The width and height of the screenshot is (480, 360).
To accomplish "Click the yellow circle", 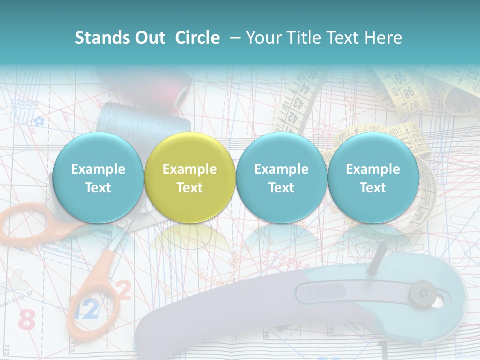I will tap(189, 178).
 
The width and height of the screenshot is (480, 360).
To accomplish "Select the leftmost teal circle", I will tap(98, 178).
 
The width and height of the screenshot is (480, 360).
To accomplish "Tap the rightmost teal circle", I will tap(373, 178).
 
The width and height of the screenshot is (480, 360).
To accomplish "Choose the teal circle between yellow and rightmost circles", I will tap(281, 178).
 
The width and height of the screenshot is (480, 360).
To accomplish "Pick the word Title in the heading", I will tap(302, 38).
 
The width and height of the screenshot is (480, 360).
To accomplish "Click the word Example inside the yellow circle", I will tap(189, 169).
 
